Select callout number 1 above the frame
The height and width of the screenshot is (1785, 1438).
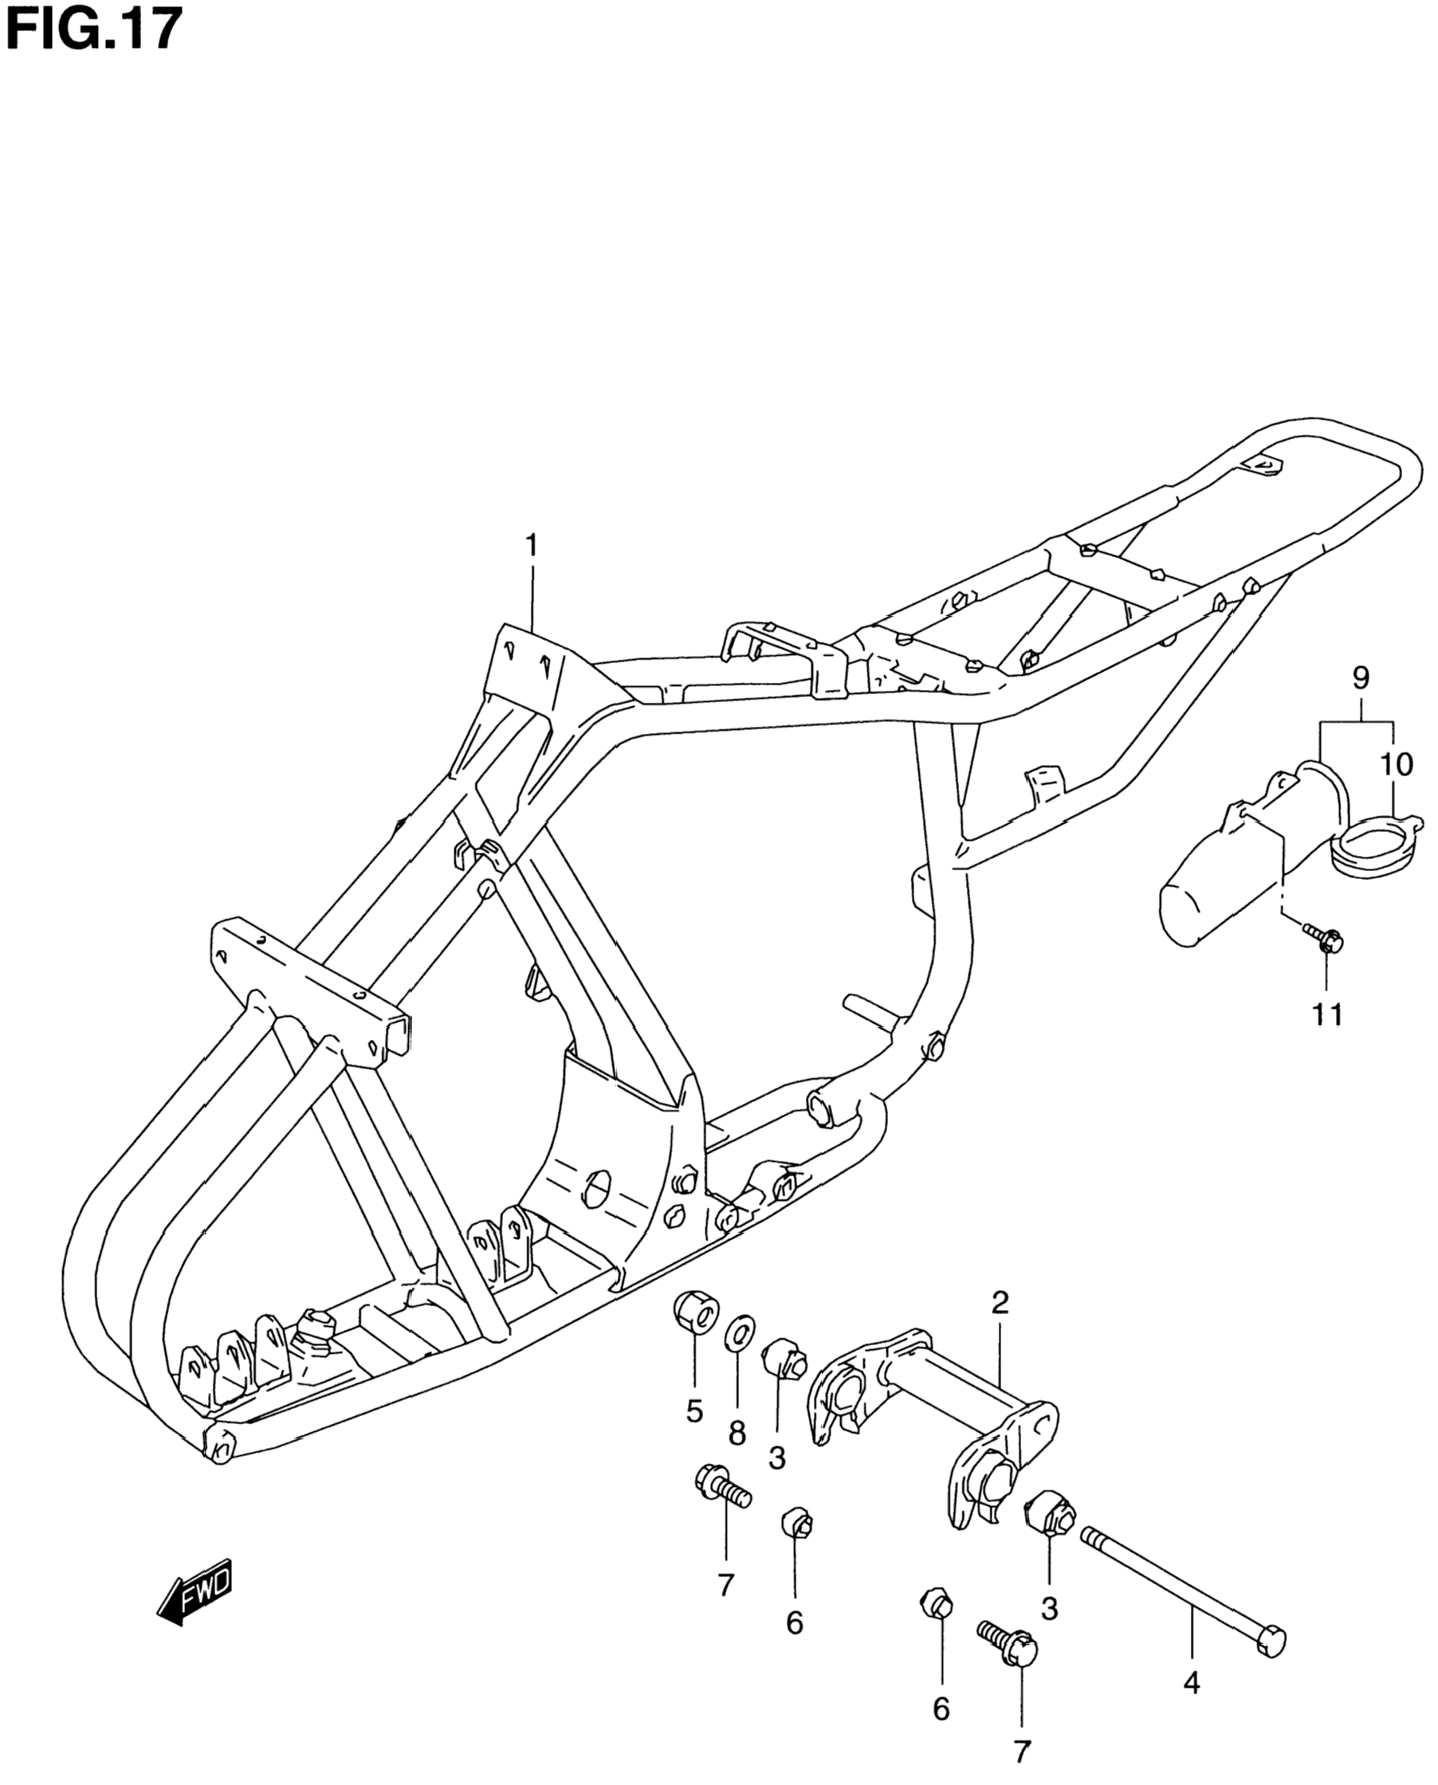click(531, 546)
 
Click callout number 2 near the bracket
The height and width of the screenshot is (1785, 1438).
click(1000, 1303)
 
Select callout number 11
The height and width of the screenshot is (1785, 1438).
click(1327, 1014)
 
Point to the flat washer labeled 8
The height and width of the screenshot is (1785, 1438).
click(739, 1359)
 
